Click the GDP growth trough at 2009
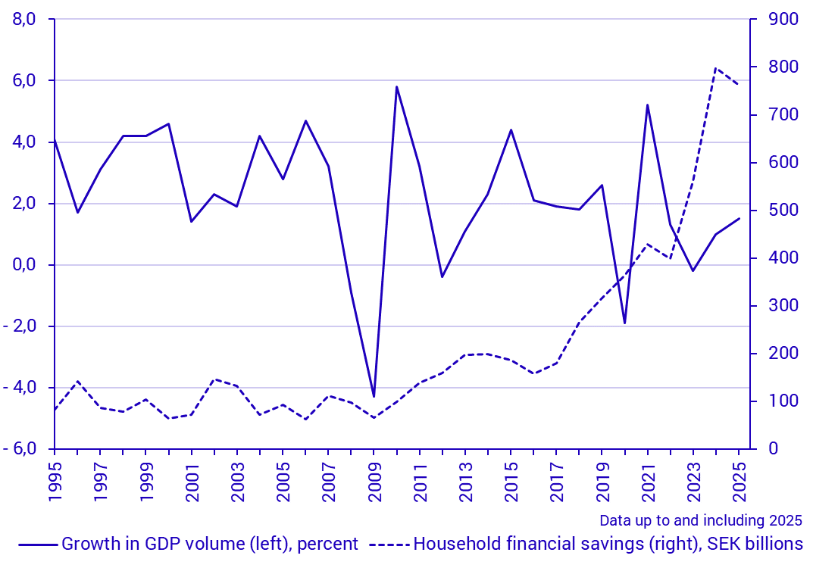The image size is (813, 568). pyautogui.click(x=374, y=397)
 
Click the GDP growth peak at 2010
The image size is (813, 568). pyautogui.click(x=396, y=86)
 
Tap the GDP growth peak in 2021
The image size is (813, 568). pyautogui.click(x=647, y=105)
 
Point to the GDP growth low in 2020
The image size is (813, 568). pyautogui.click(x=624, y=323)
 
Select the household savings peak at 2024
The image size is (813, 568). pyautogui.click(x=715, y=68)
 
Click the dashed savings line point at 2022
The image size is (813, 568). pyautogui.click(x=670, y=258)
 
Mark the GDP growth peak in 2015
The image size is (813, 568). pyautogui.click(x=511, y=130)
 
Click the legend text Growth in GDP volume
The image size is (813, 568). pyautogui.click(x=210, y=544)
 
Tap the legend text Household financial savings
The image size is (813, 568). pyautogui.click(x=608, y=544)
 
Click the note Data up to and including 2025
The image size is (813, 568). pyautogui.click(x=700, y=521)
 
